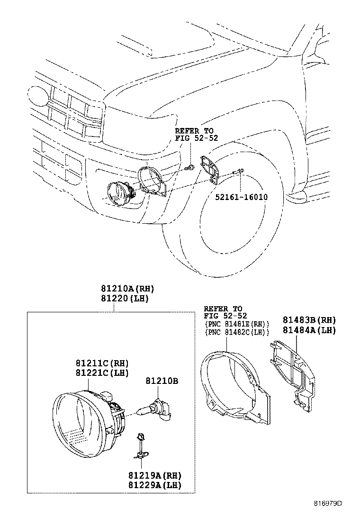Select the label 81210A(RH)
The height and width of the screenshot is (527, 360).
127,289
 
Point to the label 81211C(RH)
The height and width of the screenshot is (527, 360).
102,363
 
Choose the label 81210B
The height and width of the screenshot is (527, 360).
162,381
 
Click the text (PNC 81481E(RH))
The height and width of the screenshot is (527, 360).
237,324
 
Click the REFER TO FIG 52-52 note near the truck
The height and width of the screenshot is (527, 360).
194,134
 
